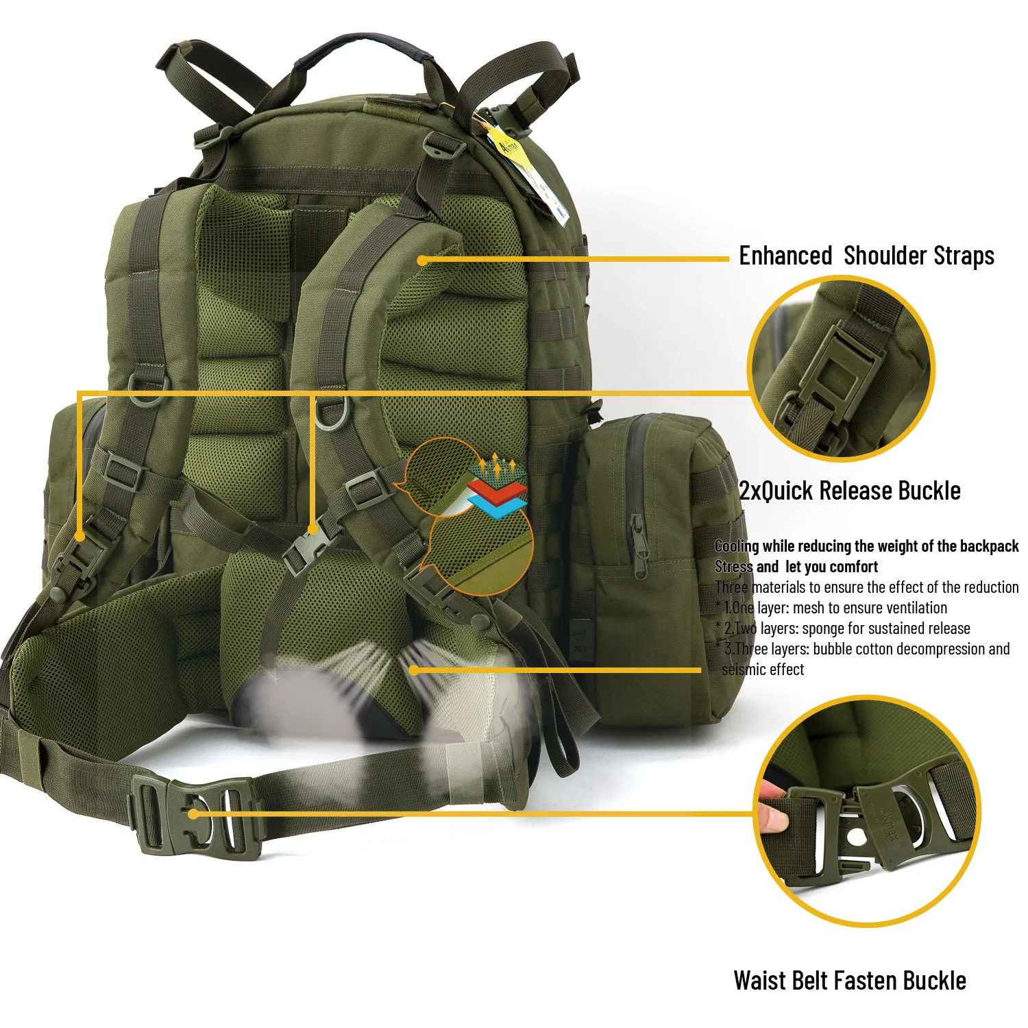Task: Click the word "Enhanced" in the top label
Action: click(785, 256)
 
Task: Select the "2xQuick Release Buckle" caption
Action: click(850, 491)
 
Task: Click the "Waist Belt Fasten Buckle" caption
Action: click(850, 980)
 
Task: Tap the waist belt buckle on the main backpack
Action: click(195, 813)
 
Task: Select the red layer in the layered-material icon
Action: click(498, 491)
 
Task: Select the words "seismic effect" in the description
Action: click(763, 670)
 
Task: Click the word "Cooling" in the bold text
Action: click(737, 546)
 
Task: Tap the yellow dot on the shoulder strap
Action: click(422, 260)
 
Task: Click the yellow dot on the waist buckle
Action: click(194, 813)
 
